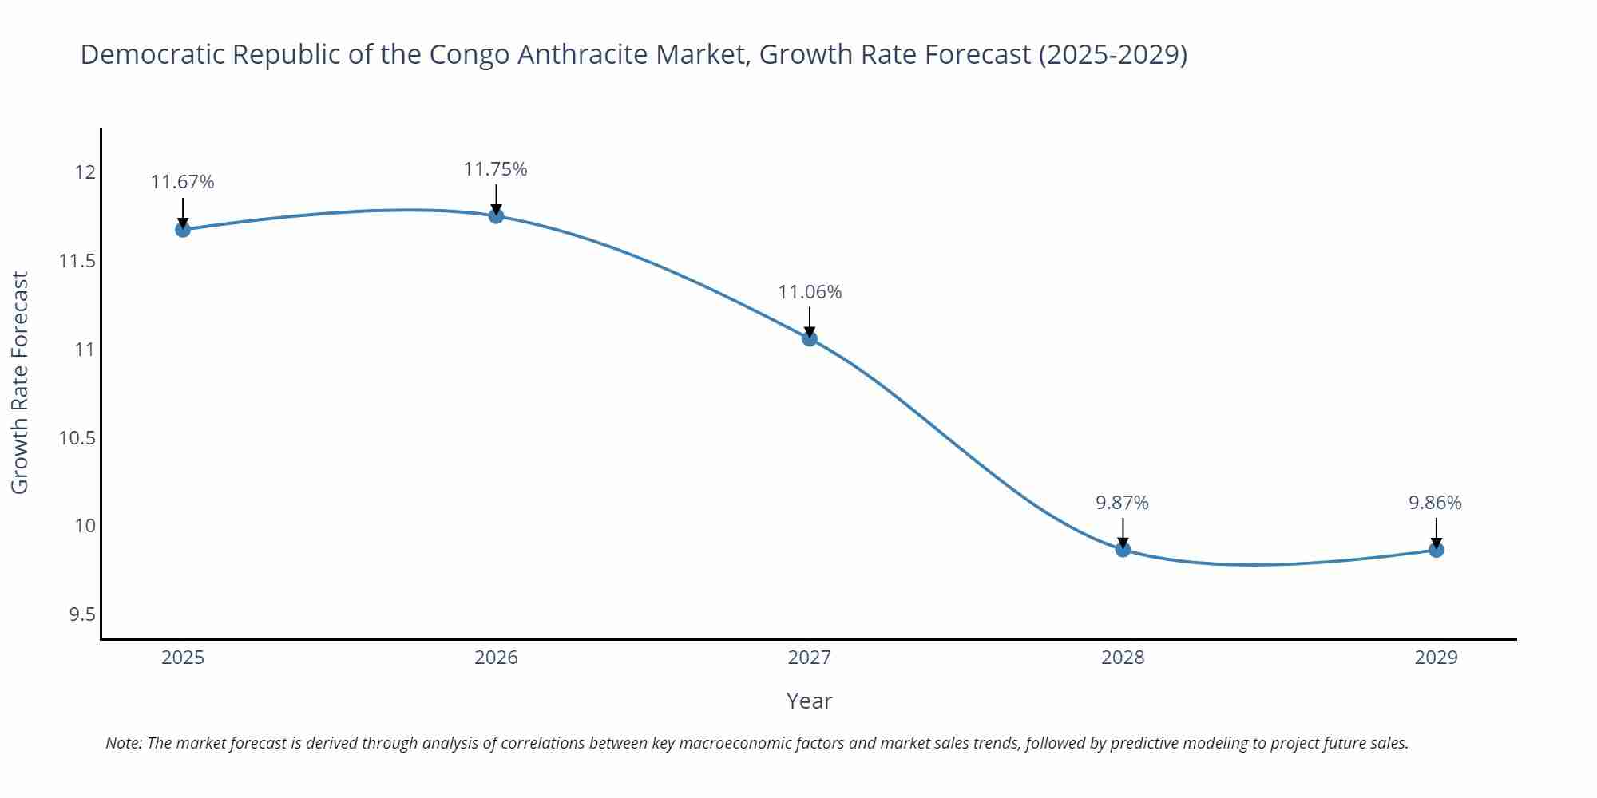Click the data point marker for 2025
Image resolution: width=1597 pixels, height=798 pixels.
pyautogui.click(x=183, y=230)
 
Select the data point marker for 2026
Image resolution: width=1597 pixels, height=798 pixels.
pyautogui.click(x=496, y=215)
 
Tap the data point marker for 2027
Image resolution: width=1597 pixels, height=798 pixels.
pyautogui.click(x=810, y=338)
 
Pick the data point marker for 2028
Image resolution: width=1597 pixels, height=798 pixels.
pyautogui.click(x=1123, y=549)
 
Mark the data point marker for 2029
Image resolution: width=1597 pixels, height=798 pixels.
pyautogui.click(x=1436, y=550)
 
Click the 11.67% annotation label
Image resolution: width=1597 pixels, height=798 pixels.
pyautogui.click(x=183, y=182)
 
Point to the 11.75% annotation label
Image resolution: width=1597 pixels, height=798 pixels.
pyautogui.click(x=496, y=169)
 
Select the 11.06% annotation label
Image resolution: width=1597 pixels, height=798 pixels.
pyautogui.click(x=810, y=292)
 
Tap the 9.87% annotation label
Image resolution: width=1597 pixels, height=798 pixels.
pyautogui.click(x=1122, y=503)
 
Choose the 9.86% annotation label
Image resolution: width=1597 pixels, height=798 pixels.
pyautogui.click(x=1435, y=503)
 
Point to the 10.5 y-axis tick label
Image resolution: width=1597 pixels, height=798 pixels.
pyautogui.click(x=77, y=437)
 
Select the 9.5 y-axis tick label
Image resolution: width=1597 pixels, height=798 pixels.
pyautogui.click(x=81, y=614)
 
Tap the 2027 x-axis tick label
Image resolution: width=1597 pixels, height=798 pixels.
pyautogui.click(x=810, y=658)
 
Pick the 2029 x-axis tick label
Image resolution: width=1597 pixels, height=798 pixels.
pyautogui.click(x=1436, y=658)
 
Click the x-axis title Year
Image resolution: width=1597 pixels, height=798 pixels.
pyautogui.click(x=809, y=701)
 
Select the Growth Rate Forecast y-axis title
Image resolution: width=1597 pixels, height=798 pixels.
pyautogui.click(x=20, y=382)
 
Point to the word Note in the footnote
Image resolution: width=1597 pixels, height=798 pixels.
pyautogui.click(x=122, y=743)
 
